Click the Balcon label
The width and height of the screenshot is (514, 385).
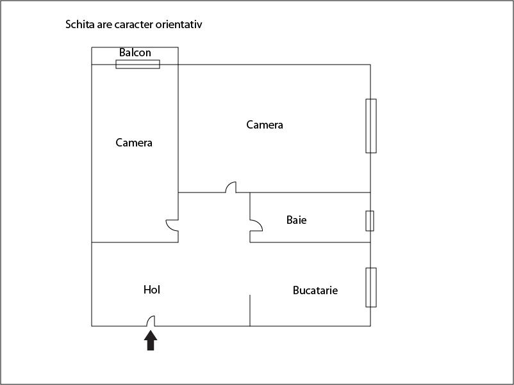[x=135, y=52]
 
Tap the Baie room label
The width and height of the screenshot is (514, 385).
[x=296, y=220]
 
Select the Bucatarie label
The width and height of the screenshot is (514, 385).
[x=315, y=290]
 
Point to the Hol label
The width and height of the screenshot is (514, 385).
[x=152, y=290]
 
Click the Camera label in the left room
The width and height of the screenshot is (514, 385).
[x=134, y=143]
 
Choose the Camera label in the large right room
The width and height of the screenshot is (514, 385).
[x=265, y=125]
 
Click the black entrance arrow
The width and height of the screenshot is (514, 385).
[x=151, y=340]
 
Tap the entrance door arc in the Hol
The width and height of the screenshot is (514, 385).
[x=151, y=321]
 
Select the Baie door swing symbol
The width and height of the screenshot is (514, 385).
[x=255, y=226]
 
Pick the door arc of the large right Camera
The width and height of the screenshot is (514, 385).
[x=231, y=187]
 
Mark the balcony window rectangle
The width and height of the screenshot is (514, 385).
[x=138, y=64]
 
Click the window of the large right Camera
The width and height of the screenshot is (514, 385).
[x=371, y=126]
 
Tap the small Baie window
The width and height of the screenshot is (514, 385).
[x=370, y=221]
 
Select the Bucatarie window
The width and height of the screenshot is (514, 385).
[x=371, y=287]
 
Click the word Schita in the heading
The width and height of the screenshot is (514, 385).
[x=79, y=25]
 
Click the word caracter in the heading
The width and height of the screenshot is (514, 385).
[x=134, y=25]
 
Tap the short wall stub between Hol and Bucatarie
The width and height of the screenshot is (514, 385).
[x=250, y=310]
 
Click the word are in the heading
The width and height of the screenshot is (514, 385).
[x=104, y=25]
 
